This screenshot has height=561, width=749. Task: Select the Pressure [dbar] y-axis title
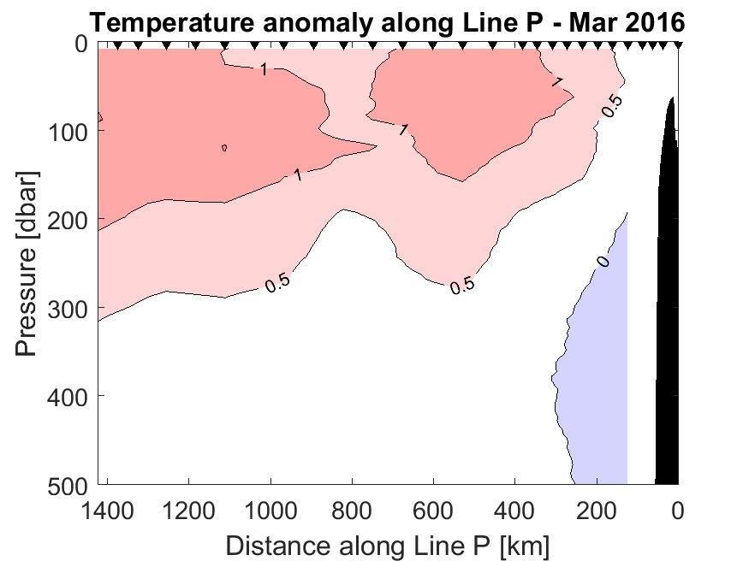coord(27,265)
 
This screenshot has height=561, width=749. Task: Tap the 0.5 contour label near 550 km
coord(462,286)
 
